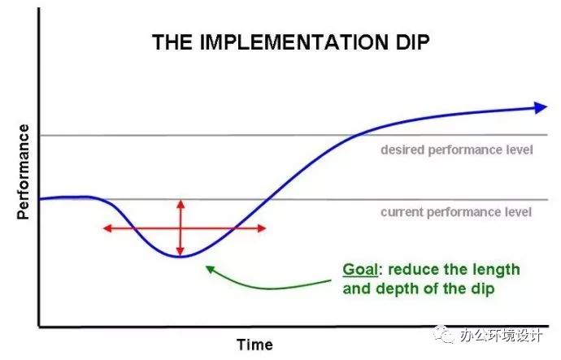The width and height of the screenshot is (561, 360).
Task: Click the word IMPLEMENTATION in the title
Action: point(294,42)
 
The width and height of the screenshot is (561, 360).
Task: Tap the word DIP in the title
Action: point(411,42)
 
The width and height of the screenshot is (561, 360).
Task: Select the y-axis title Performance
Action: point(24,171)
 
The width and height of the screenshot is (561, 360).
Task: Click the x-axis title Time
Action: point(254,345)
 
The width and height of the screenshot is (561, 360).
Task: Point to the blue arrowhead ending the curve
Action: point(541,107)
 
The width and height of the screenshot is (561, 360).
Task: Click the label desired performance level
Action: point(457,150)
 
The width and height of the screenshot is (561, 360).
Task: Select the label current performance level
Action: point(456,212)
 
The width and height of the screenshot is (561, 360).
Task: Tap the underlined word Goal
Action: point(360,270)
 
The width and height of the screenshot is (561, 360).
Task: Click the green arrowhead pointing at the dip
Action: point(210,269)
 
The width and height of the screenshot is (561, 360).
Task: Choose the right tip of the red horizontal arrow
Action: point(266,228)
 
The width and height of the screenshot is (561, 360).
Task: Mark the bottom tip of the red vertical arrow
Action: point(180,255)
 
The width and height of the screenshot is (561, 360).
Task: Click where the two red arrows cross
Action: point(180,228)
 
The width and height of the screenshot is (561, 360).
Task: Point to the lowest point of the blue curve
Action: point(179,256)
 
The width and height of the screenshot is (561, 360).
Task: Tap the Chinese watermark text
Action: point(502,336)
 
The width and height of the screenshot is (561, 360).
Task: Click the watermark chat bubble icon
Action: point(444,334)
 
